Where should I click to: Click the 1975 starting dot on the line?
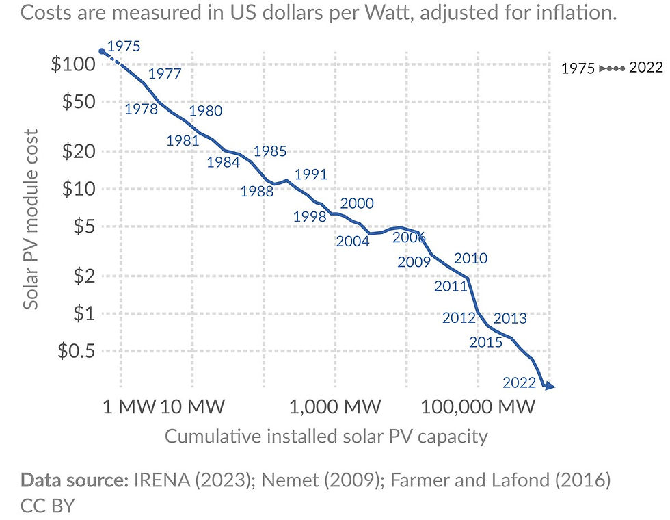click(101, 51)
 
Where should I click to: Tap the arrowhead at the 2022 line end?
click(549, 387)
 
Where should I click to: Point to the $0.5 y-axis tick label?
click(76, 351)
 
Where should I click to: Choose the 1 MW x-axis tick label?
click(129, 407)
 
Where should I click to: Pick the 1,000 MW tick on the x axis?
click(335, 407)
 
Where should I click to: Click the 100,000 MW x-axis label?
click(478, 407)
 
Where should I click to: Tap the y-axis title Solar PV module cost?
click(31, 220)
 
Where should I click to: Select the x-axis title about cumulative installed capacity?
click(326, 437)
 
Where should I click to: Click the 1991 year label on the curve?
click(310, 174)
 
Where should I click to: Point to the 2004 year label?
click(353, 241)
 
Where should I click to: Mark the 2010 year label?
click(470, 258)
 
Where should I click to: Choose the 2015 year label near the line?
click(485, 341)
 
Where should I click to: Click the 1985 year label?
click(269, 152)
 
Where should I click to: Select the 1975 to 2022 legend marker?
click(611, 69)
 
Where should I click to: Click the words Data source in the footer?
click(75, 480)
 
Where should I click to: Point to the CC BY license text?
click(47, 506)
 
